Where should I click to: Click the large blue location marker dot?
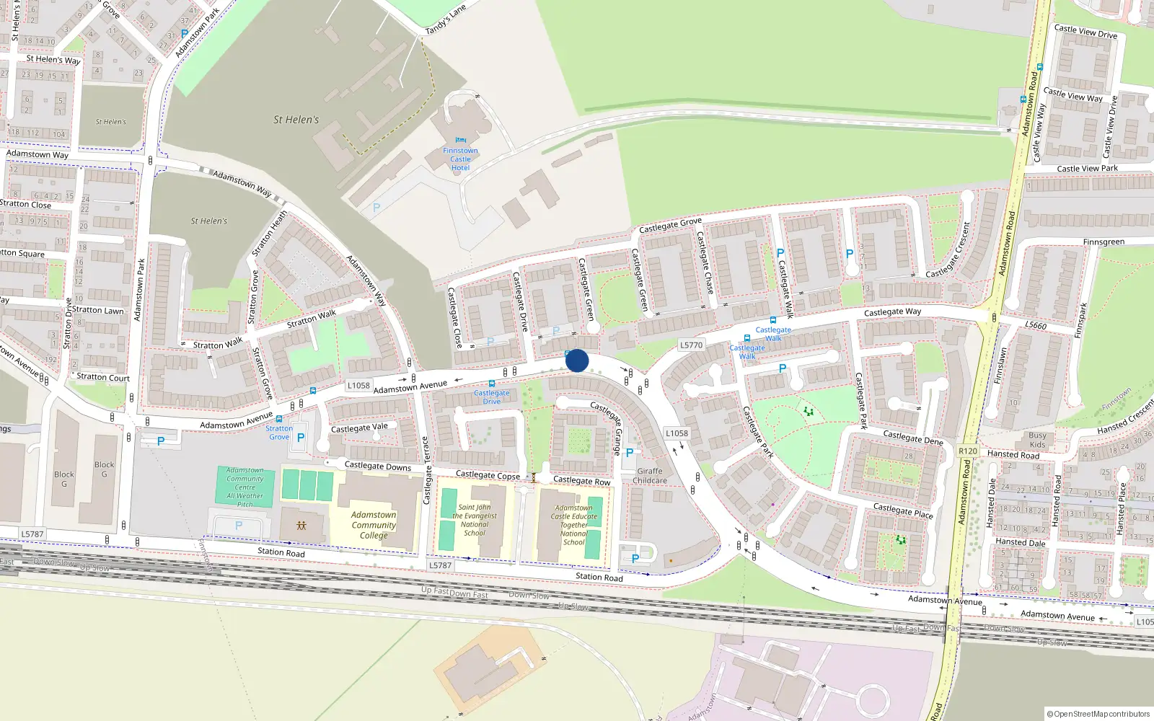click(x=577, y=360)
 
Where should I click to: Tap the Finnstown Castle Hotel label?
click(x=460, y=159)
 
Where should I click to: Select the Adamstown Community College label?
click(x=374, y=525)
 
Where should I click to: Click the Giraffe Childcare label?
click(x=650, y=476)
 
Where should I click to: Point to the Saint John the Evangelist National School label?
click(x=475, y=520)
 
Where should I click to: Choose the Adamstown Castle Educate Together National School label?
click(x=574, y=525)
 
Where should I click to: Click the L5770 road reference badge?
click(x=691, y=345)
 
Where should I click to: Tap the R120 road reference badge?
click(x=967, y=451)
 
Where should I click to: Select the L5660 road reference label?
click(x=1035, y=325)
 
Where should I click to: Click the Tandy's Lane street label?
click(x=446, y=19)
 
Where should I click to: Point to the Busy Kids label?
click(x=1037, y=440)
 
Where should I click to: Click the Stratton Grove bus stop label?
click(x=279, y=433)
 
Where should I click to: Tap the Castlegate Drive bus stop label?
click(x=492, y=397)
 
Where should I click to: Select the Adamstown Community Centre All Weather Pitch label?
click(x=245, y=487)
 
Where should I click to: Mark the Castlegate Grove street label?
click(x=670, y=226)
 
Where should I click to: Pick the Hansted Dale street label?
click(x=1020, y=542)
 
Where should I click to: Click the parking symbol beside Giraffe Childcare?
click(x=630, y=453)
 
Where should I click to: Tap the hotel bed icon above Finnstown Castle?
click(x=461, y=141)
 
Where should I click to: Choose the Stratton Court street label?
click(x=103, y=377)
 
